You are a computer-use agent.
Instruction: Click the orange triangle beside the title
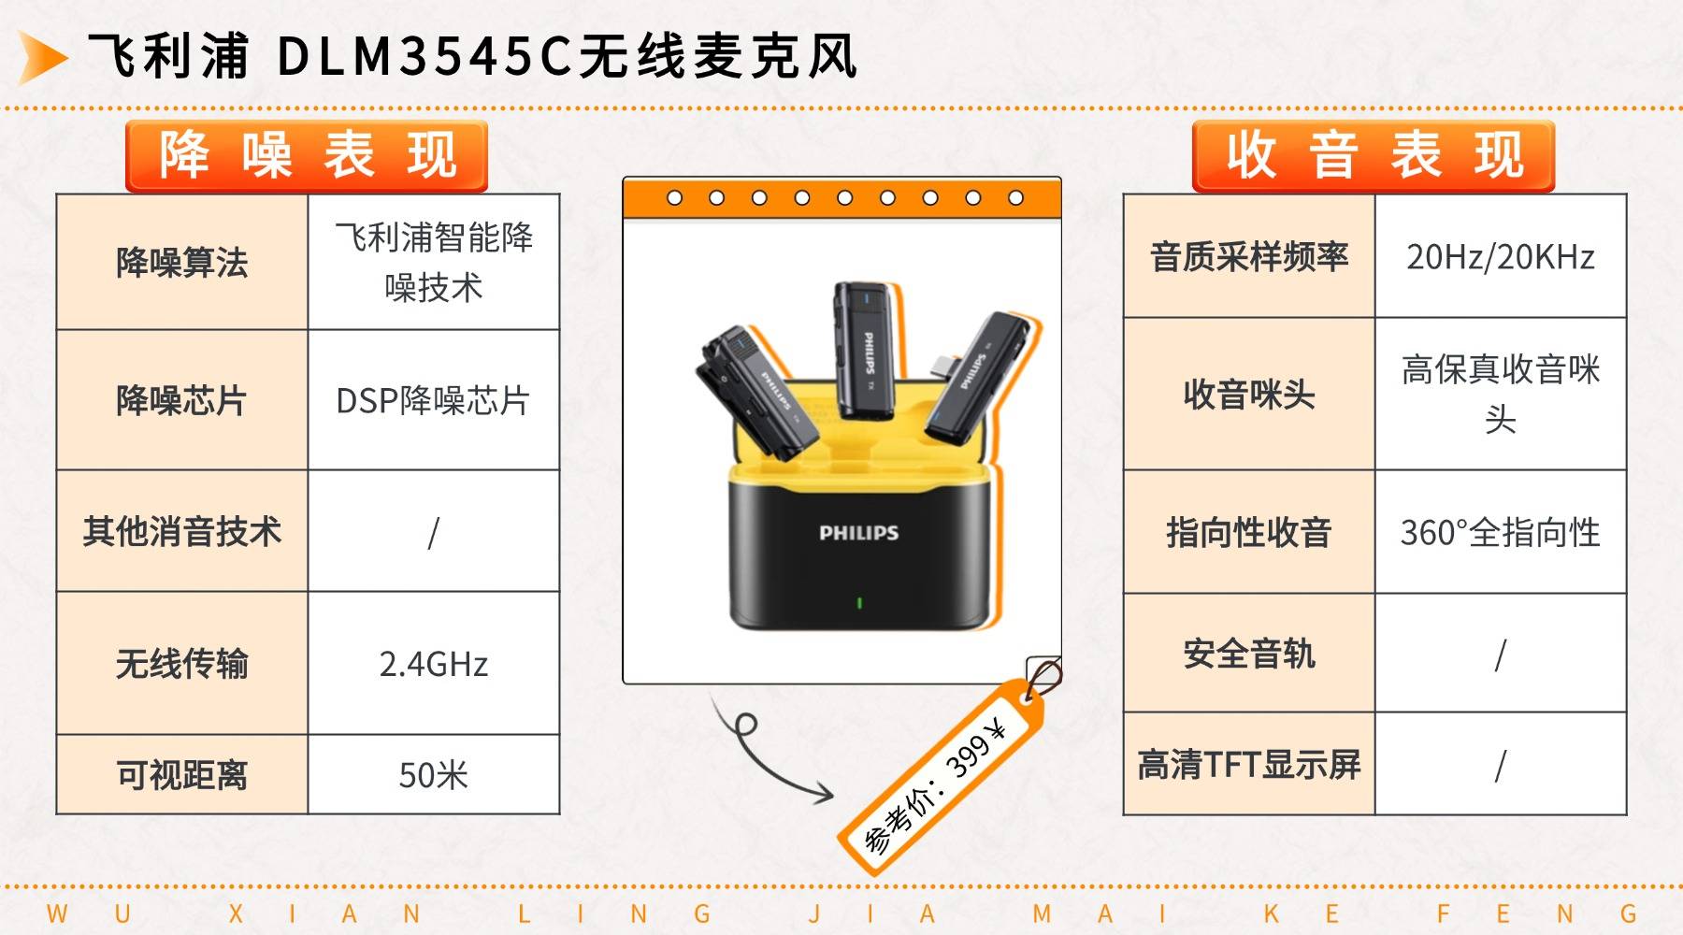pyautogui.click(x=41, y=57)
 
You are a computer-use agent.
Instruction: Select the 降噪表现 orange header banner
pyautogui.click(x=307, y=156)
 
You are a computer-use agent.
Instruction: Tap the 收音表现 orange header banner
pyautogui.click(x=1373, y=156)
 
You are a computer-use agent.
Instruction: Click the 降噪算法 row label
pyautogui.click(x=182, y=263)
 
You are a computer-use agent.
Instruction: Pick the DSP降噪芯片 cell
pyautogui.click(x=433, y=401)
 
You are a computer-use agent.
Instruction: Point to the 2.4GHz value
pyautogui.click(x=433, y=664)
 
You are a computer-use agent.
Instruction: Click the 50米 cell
pyautogui.click(x=433, y=775)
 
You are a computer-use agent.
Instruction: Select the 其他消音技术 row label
pyautogui.click(x=182, y=531)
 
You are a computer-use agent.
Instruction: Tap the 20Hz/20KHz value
pyautogui.click(x=1501, y=256)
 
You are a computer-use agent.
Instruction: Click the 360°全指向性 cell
pyautogui.click(x=1501, y=533)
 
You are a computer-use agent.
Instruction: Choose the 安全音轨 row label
pyautogui.click(x=1249, y=654)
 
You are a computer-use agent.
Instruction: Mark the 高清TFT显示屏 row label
pyautogui.click(x=1249, y=765)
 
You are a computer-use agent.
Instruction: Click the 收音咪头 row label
pyautogui.click(x=1249, y=395)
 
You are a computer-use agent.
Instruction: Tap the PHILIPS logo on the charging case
pyautogui.click(x=858, y=533)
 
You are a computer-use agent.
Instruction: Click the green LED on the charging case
pyautogui.click(x=859, y=603)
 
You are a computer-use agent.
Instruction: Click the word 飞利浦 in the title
pyautogui.click(x=169, y=56)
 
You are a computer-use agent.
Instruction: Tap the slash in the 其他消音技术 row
pyautogui.click(x=433, y=533)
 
